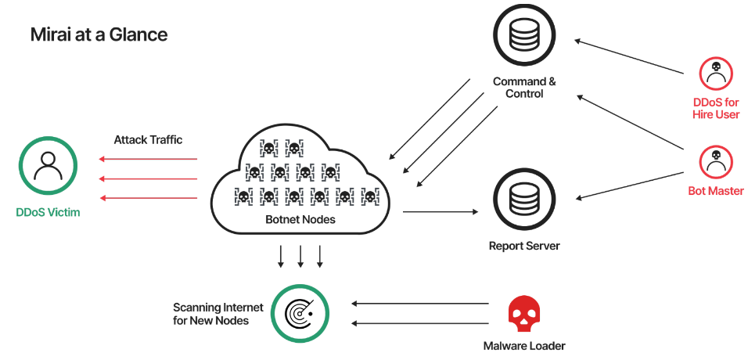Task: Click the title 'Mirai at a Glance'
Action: [x=99, y=34]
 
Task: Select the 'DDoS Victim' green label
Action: [x=48, y=212]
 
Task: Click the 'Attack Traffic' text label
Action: [x=148, y=139]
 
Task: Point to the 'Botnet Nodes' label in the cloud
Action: [x=300, y=219]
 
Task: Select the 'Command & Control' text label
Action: [x=524, y=87]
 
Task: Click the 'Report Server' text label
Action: [x=524, y=246]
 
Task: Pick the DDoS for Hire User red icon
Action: [x=715, y=74]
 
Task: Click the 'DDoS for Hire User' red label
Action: [x=715, y=109]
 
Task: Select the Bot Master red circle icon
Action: [x=715, y=160]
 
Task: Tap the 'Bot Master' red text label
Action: [x=715, y=191]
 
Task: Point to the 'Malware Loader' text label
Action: [x=524, y=345]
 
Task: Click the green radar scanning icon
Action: [x=299, y=312]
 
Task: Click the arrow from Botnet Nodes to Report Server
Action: [x=439, y=211]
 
